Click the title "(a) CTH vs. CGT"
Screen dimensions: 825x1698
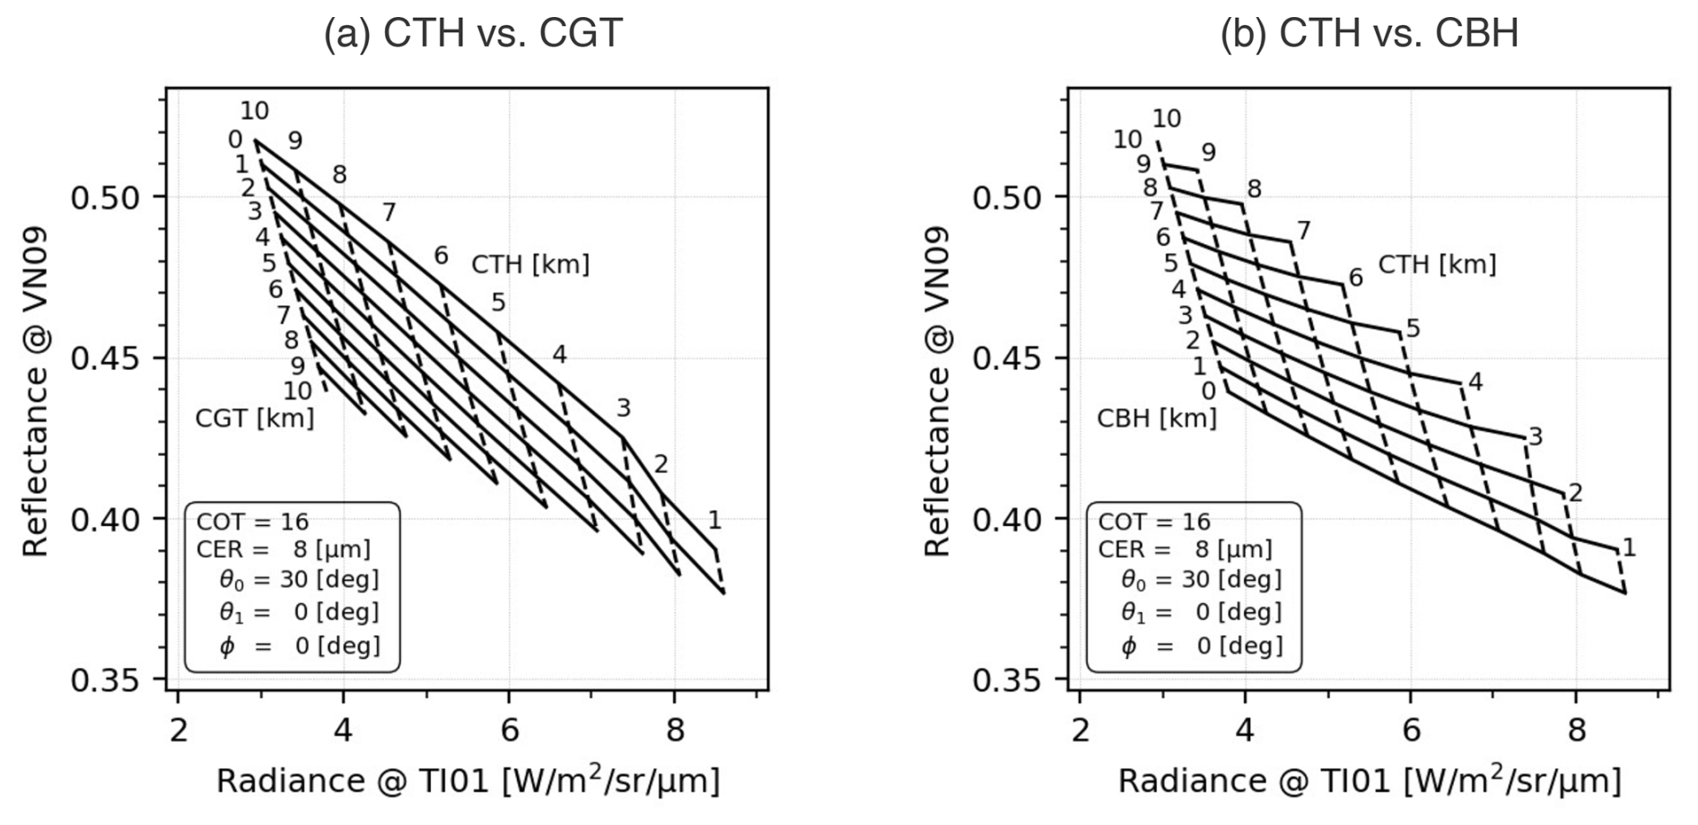[x=472, y=33]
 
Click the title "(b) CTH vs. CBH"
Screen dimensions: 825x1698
[x=1369, y=33]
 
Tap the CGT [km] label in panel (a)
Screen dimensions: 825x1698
[x=255, y=418]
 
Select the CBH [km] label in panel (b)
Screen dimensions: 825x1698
[x=1157, y=418]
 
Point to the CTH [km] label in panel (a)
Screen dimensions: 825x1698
[x=530, y=265]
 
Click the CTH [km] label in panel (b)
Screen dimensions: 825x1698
[x=1437, y=265]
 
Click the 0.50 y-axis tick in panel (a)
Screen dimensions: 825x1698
[x=106, y=197]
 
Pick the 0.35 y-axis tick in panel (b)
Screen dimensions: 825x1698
[x=1007, y=680]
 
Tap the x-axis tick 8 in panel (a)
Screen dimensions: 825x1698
[x=675, y=731]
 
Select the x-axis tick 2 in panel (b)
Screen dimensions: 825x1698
[x=1080, y=731]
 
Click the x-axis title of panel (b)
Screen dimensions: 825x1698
[x=1369, y=781]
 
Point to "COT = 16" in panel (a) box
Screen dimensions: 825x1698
[x=252, y=522]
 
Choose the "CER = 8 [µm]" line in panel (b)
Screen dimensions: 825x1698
[x=1185, y=549]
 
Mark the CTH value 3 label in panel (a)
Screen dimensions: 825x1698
[x=623, y=408]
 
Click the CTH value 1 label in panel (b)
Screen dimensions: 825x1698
[x=1629, y=548]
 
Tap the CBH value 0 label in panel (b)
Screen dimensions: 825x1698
[x=1208, y=391]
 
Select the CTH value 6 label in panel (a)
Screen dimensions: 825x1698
[x=441, y=256]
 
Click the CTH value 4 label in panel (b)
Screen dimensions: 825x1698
[x=1475, y=382]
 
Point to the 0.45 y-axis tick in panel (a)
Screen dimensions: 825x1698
[x=106, y=358]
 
